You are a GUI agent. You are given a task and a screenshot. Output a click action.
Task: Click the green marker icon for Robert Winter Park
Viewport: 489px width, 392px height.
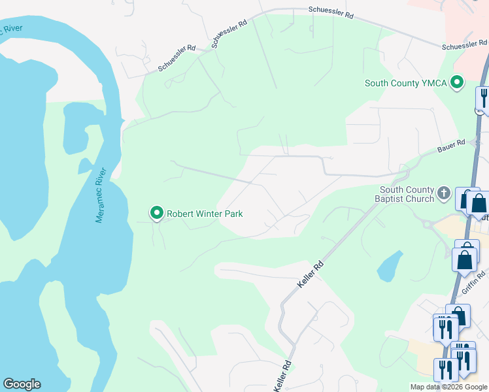[x=157, y=213]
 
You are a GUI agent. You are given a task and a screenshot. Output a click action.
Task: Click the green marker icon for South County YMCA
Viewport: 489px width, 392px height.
[x=458, y=83]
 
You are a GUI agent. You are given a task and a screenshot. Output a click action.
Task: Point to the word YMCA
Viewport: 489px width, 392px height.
[x=433, y=84]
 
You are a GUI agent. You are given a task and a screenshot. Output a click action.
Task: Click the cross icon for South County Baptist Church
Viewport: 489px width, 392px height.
[x=444, y=193]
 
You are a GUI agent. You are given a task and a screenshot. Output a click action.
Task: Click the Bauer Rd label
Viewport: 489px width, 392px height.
[x=451, y=142]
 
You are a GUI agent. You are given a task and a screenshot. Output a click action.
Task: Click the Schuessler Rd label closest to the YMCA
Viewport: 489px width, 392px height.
[x=465, y=46]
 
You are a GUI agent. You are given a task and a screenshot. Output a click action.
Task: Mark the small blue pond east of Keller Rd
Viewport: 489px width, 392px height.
[x=390, y=267]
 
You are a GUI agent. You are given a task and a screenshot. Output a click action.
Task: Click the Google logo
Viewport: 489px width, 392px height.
[x=22, y=384]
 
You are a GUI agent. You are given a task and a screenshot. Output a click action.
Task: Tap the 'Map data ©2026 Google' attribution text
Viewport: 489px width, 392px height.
[x=448, y=387]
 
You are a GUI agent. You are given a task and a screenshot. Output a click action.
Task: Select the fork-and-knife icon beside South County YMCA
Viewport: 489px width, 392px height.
[x=483, y=98]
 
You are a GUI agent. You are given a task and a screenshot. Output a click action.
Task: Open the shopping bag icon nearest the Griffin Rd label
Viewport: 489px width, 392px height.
[x=465, y=259]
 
